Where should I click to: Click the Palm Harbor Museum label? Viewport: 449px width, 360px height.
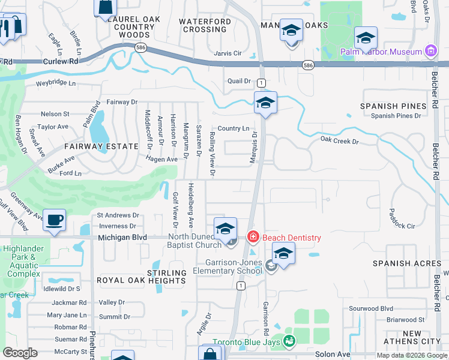381,52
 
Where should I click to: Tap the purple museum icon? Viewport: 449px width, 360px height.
430,52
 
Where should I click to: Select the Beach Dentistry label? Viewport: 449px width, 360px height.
291,238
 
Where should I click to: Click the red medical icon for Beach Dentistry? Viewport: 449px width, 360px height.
253,238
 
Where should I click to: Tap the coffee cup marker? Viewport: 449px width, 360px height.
55,220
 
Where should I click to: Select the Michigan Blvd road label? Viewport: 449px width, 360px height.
122,238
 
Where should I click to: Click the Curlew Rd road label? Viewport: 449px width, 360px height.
61,62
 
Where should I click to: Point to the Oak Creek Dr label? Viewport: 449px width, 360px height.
339,142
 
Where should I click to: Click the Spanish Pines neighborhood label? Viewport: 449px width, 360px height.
387,106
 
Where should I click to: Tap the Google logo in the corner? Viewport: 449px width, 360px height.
20,353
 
